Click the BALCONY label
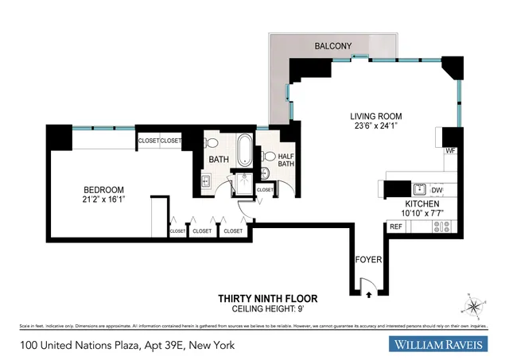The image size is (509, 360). point(332,47)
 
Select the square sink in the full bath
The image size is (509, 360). point(204,182)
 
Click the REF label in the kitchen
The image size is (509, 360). point(395,227)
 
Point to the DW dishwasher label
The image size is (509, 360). point(436,190)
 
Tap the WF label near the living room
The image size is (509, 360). point(449,151)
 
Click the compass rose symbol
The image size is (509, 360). point(473,305)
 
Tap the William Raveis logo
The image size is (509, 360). point(443,345)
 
